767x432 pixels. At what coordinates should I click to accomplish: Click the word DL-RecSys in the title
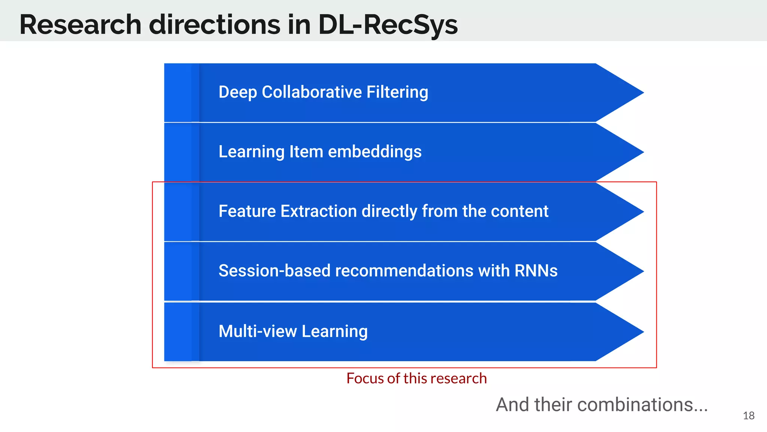[388, 25]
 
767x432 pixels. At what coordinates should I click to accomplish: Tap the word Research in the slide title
[80, 25]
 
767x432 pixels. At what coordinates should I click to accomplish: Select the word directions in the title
[214, 25]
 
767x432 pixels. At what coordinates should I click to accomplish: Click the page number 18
[748, 415]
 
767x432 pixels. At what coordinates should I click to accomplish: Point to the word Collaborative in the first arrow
[312, 92]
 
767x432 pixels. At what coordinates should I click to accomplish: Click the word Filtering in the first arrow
[397, 92]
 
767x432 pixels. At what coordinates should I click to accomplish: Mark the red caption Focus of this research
[416, 378]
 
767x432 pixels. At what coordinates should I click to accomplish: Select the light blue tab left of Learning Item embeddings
[178, 152]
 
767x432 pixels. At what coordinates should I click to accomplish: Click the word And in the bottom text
[513, 405]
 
